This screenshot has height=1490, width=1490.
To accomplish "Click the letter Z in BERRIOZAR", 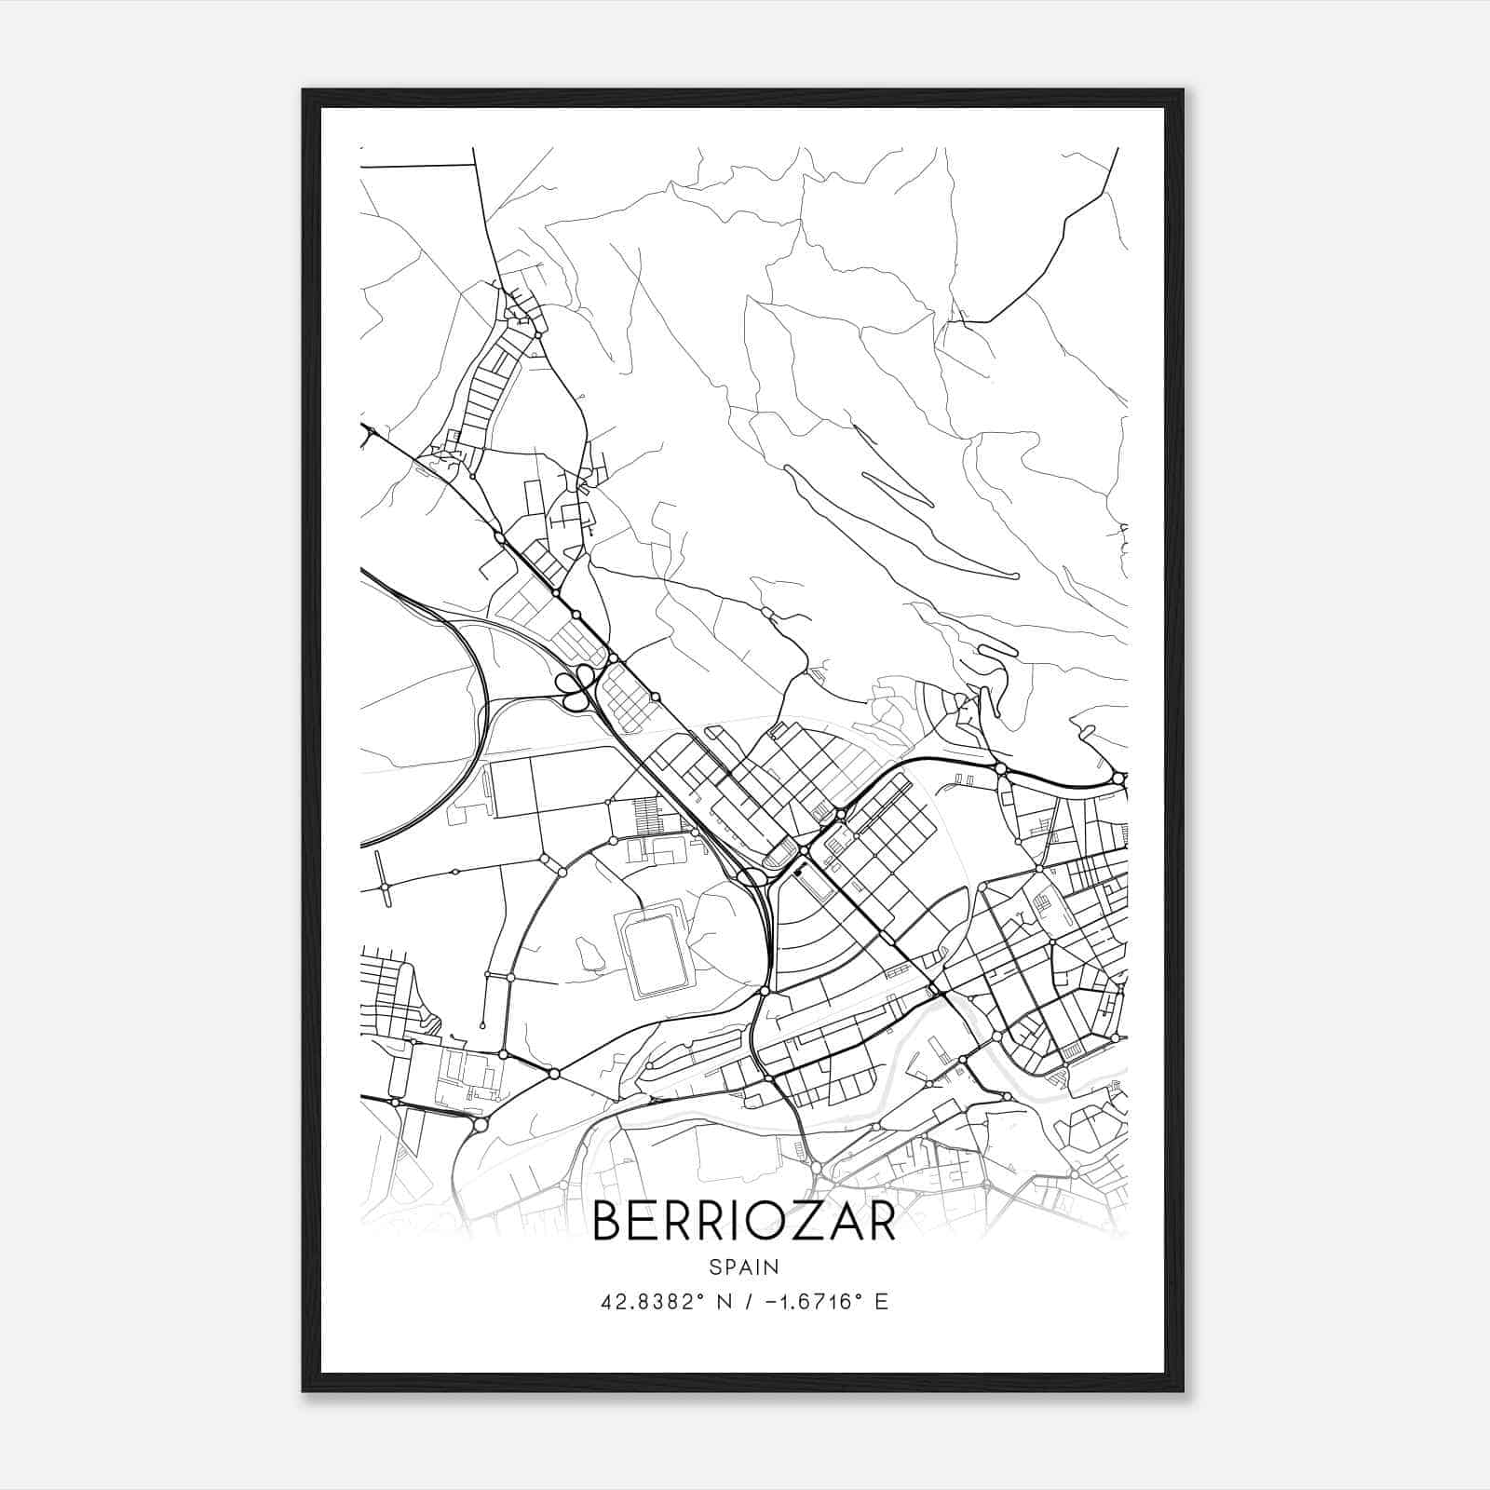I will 805,1221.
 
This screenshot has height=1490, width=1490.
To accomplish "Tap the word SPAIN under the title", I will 744,1267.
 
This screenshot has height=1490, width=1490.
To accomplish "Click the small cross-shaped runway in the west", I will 384,886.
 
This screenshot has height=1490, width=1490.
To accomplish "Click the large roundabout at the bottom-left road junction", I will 481,1125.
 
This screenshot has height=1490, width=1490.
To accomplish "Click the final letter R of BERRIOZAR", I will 880,1221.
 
